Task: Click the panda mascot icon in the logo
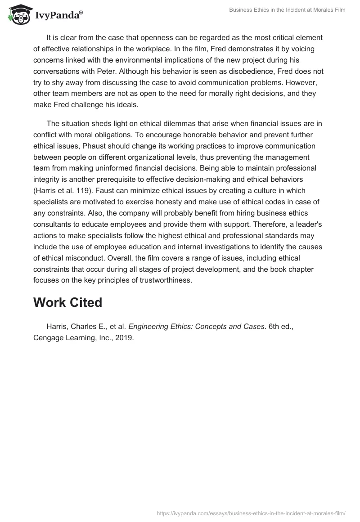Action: coord(17,15)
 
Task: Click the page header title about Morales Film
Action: coord(287,9)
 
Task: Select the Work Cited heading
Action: coord(67,303)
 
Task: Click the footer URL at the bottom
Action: coord(251,513)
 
